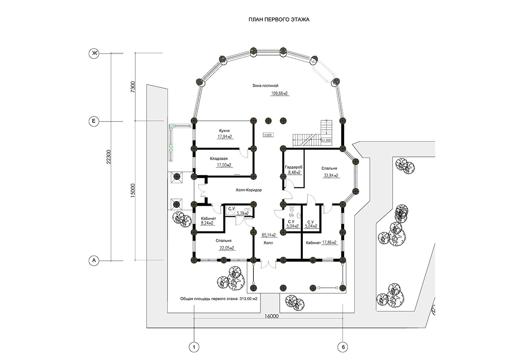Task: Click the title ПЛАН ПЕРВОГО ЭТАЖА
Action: (x=279, y=20)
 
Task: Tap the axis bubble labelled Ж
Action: (x=94, y=53)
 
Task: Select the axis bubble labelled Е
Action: (x=94, y=121)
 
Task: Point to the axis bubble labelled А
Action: (x=94, y=260)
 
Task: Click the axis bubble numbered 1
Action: (x=194, y=347)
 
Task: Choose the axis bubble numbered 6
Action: (x=343, y=347)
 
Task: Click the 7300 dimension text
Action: (x=133, y=87)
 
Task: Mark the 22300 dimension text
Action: (x=109, y=157)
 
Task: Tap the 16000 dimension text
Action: (x=271, y=316)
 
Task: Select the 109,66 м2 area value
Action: (x=279, y=93)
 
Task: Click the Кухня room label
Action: (x=224, y=131)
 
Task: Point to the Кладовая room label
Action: (x=219, y=158)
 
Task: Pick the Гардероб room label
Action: (x=294, y=167)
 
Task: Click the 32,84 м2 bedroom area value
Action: (x=331, y=175)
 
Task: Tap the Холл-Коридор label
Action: (x=249, y=190)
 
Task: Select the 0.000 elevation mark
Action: (x=268, y=135)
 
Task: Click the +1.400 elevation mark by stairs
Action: (x=326, y=140)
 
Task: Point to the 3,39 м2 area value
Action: (x=242, y=213)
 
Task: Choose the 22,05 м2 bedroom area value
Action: (x=227, y=248)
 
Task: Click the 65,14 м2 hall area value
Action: (x=269, y=235)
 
